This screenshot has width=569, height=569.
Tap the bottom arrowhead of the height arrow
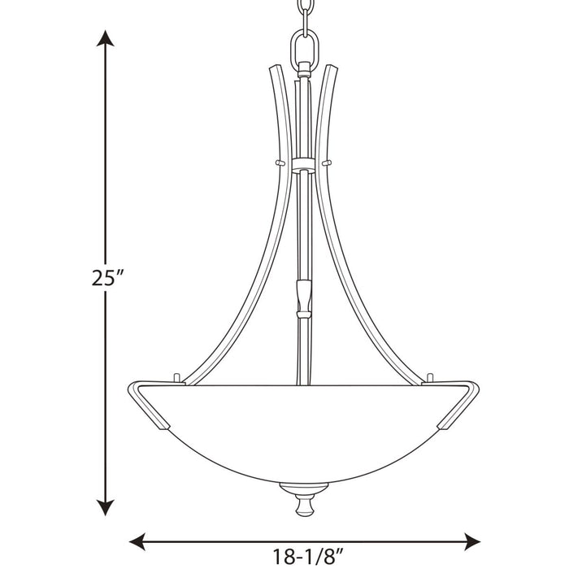(x=104, y=507)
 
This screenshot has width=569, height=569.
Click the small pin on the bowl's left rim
(x=177, y=377)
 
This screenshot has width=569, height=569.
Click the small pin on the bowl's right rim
(x=432, y=377)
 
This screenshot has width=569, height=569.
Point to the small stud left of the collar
(x=280, y=163)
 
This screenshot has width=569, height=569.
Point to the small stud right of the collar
(x=328, y=163)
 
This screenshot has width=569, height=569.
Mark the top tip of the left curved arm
(x=274, y=68)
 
